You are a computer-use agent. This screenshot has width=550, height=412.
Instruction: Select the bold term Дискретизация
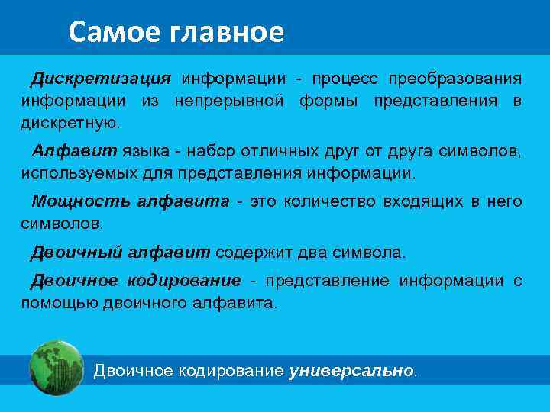tap(101, 79)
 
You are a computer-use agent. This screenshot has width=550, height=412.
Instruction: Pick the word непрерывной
tap(229, 101)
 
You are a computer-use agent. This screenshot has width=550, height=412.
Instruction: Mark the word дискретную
tap(70, 123)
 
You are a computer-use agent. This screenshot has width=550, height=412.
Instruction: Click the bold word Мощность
tap(80, 201)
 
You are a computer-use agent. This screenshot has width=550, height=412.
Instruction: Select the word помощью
tap(55, 303)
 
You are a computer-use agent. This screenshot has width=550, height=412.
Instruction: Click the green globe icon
tap(56, 367)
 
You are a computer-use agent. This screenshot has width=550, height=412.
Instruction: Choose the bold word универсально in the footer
tap(351, 372)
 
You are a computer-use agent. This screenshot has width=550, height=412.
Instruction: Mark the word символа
tap(377, 253)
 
